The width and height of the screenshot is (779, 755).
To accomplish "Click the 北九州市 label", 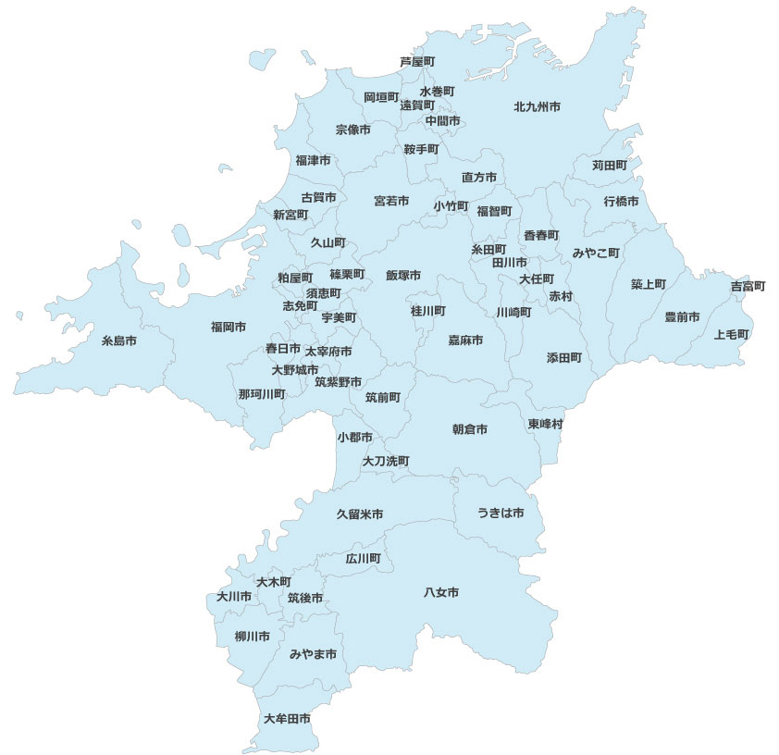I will pos(537,107).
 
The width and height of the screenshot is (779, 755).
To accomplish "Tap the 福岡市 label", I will pos(228,327).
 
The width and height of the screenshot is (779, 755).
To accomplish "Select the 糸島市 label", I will pos(118,341).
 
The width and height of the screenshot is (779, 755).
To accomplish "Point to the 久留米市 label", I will pos(360,514).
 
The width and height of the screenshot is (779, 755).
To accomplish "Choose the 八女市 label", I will pos(441,592).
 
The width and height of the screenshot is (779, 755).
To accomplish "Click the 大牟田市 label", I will pos(287,719).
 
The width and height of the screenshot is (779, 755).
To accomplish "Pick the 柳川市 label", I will pos(252,637).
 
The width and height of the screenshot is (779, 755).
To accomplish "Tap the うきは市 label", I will pos(501,513).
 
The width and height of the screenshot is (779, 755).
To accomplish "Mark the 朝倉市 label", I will pos(470,429).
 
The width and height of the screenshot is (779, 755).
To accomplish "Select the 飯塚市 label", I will pos(403,276).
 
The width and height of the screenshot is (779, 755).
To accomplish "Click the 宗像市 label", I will pos(352,130).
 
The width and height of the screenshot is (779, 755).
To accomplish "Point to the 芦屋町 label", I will pos(417,61).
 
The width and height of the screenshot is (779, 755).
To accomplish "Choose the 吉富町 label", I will pos(748,287).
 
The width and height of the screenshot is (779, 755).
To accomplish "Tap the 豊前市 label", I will pos(682,317).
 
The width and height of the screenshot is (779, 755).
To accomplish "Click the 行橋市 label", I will pos(621,201).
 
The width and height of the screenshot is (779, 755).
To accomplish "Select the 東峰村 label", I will pos(546,424).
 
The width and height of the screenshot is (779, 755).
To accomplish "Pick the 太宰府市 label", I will pos(328,352).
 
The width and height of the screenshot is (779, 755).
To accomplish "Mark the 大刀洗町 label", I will pos(386,461).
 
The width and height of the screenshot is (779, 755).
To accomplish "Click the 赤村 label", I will pos(561,296).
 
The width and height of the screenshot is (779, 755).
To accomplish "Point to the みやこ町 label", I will pos(596,253).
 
